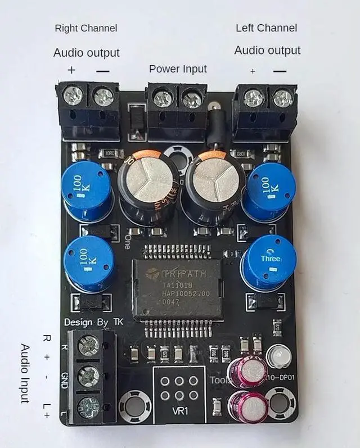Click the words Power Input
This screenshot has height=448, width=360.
[178, 69]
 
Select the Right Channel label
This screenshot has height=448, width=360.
[86, 28]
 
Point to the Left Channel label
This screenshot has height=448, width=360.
[266, 28]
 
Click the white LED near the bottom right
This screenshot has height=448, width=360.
[276, 355]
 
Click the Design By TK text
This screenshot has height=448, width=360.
[93, 323]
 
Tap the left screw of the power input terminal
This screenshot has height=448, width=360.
[163, 99]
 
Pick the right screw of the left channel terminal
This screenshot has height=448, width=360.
[282, 99]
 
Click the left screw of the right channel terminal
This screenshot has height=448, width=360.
[73, 96]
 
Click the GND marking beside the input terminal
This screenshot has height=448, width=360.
[64, 376]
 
